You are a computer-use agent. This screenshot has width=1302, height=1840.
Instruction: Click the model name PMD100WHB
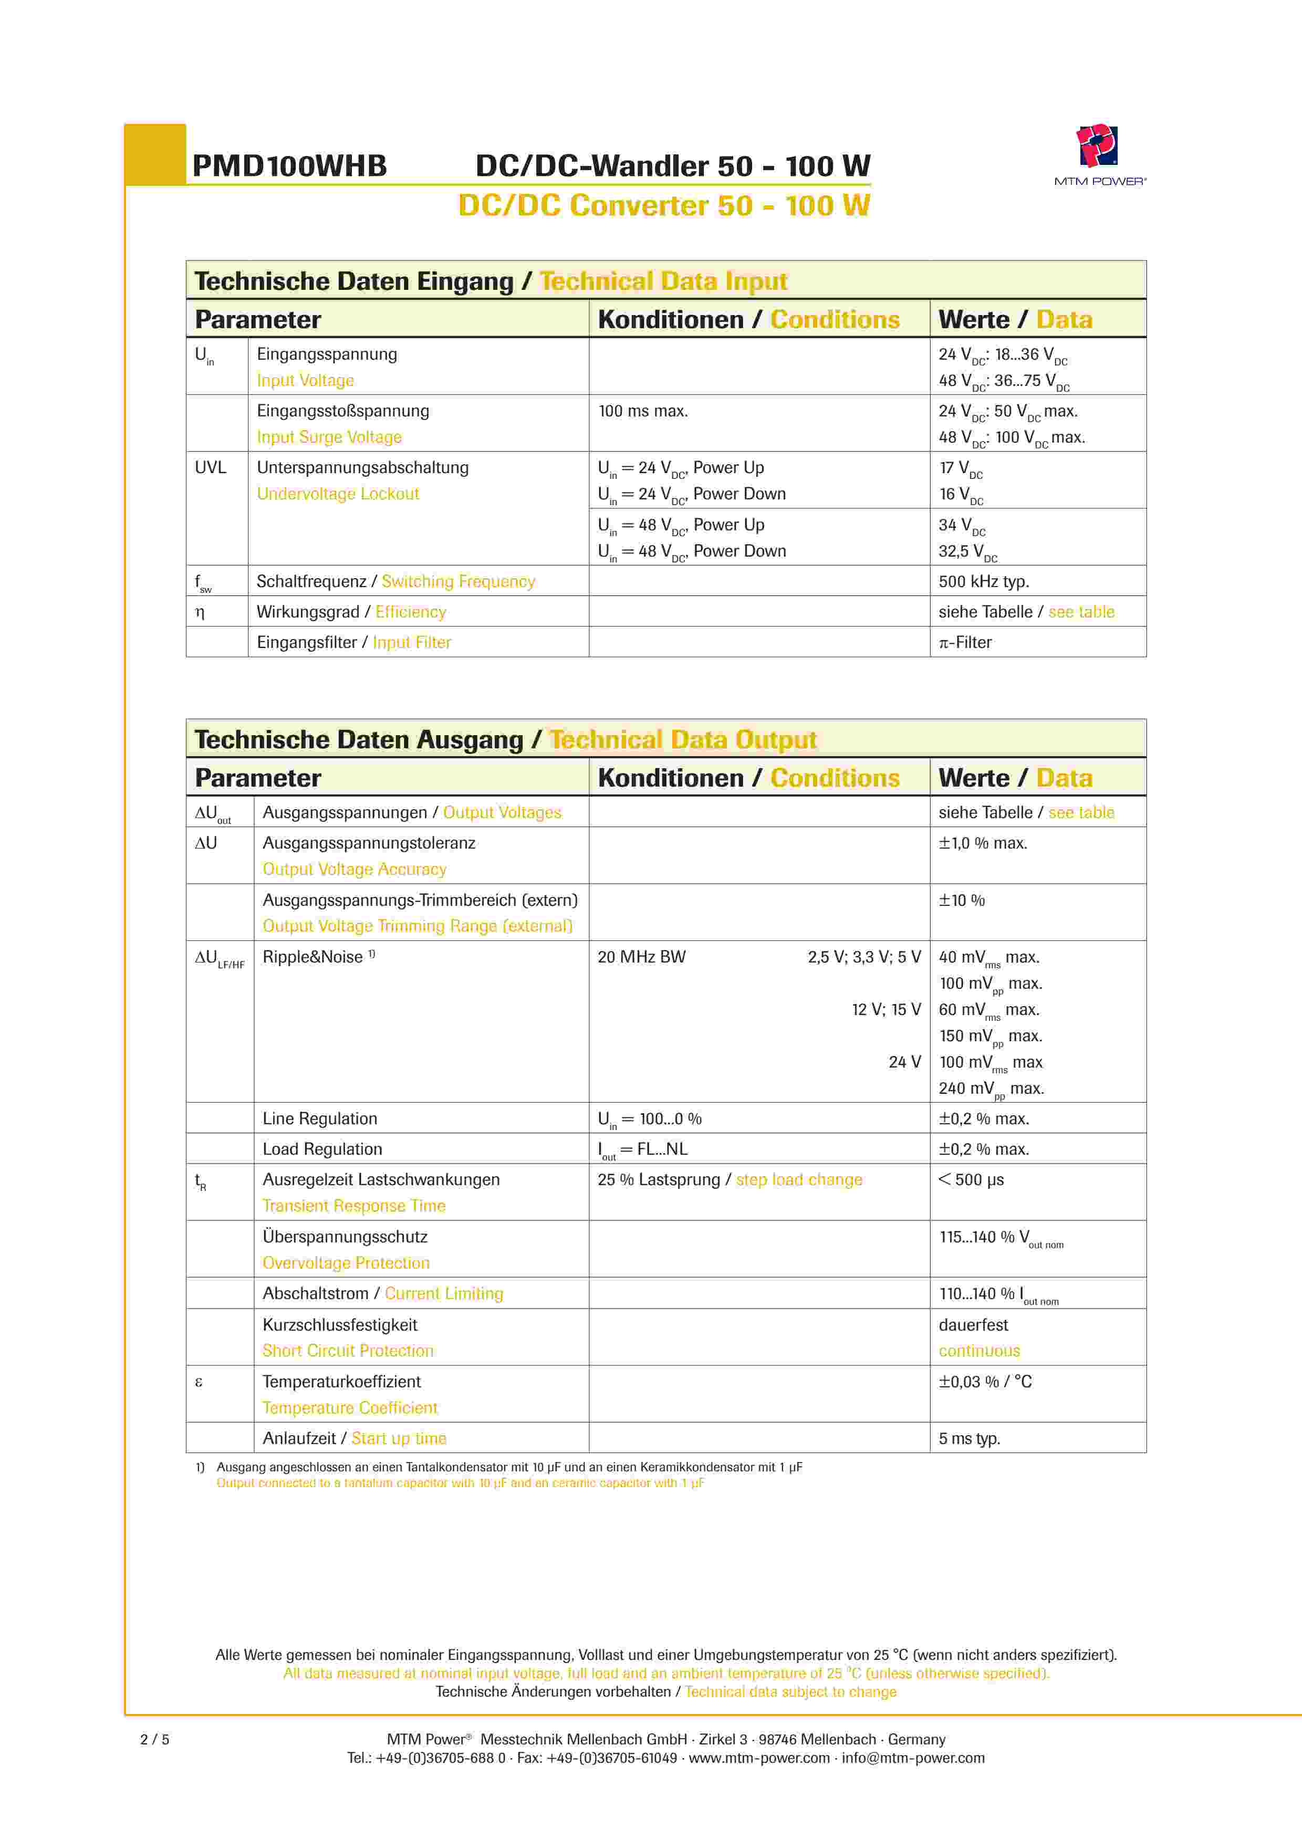pos(289,166)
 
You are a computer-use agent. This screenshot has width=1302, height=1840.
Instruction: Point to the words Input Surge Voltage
pos(329,437)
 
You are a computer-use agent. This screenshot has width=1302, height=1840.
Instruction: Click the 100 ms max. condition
pos(643,411)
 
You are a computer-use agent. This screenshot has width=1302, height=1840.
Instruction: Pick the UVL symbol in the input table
pos(211,467)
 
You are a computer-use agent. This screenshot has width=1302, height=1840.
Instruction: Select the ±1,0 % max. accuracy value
pos(983,843)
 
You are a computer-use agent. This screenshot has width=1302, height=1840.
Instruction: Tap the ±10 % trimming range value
pos(962,900)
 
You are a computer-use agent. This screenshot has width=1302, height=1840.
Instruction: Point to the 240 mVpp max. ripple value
pos(991,1088)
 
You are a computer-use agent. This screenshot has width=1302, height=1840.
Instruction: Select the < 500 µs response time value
pos(971,1179)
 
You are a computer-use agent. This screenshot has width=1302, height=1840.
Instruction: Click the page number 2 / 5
pos(155,1739)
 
